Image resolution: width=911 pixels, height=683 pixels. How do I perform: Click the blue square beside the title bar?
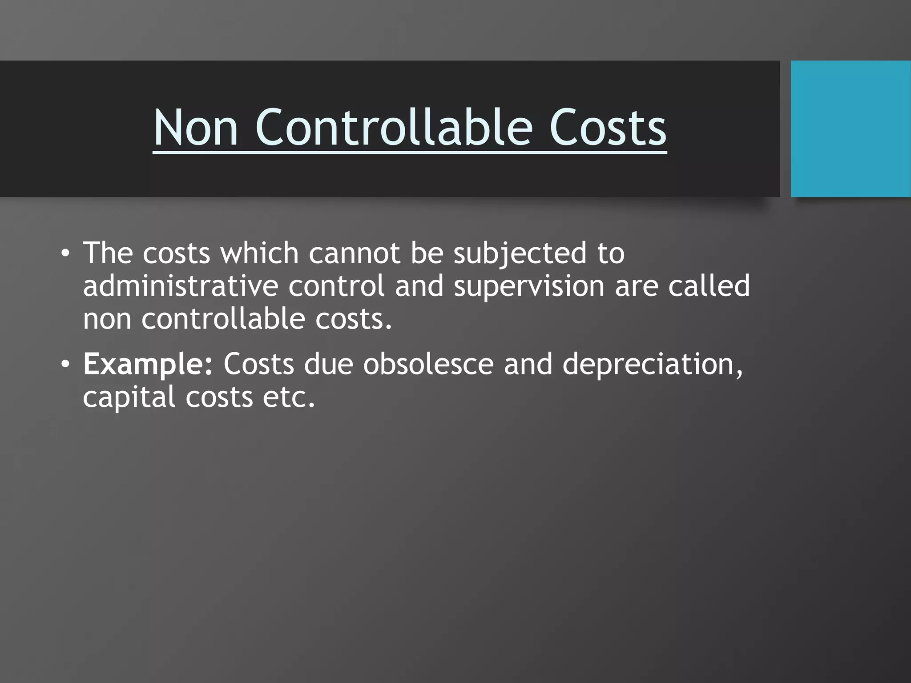click(851, 129)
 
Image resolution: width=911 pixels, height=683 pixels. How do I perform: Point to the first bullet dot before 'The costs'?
click(66, 254)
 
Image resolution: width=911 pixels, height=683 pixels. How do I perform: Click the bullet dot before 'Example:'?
click(66, 365)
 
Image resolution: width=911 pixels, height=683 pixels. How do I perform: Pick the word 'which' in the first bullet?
click(259, 253)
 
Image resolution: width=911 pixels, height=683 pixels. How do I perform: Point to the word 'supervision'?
click(529, 287)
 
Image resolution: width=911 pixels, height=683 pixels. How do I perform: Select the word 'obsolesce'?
click(428, 364)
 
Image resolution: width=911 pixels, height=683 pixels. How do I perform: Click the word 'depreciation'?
click(652, 364)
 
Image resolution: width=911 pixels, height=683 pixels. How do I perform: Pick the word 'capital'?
click(129, 397)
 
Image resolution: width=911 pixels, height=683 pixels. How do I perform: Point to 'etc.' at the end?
click(289, 397)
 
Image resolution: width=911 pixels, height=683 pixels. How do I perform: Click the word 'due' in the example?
click(328, 364)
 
